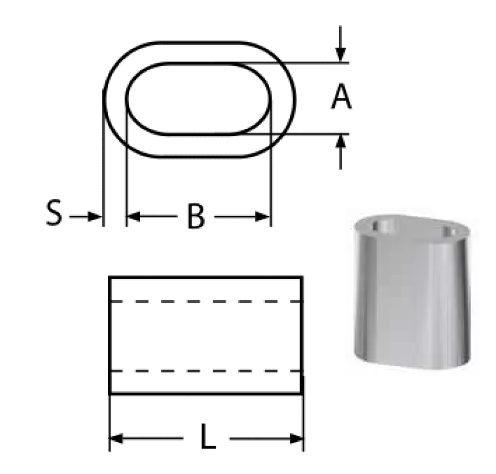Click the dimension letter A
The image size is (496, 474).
click(341, 97)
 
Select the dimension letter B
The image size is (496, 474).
click(196, 217)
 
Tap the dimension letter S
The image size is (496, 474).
click(54, 212)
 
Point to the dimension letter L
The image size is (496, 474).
click(208, 436)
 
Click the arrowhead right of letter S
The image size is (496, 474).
click(94, 217)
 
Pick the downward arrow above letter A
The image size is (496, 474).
click(340, 43)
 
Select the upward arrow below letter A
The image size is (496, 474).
click(340, 152)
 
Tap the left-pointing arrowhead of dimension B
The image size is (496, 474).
click(133, 217)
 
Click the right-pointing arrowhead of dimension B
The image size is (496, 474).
click(262, 217)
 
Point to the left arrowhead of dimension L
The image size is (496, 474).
click(117, 439)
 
